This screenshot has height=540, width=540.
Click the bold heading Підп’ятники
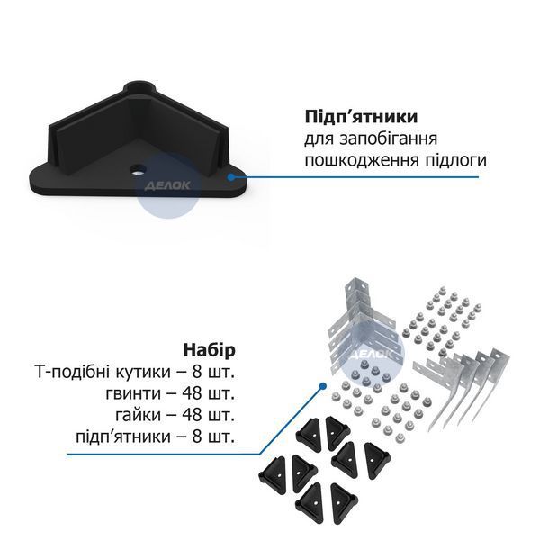[361, 117]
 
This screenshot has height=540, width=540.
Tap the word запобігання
[388, 139]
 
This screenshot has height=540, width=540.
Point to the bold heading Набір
[210, 350]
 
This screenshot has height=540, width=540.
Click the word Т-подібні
[71, 372]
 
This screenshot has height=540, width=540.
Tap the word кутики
[142, 373]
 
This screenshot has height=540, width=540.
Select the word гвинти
[133, 394]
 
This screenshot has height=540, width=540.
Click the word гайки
[138, 416]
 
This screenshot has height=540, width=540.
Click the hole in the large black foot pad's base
[138, 169]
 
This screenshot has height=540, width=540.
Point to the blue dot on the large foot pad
[231, 177]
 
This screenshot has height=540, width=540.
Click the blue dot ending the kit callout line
[323, 386]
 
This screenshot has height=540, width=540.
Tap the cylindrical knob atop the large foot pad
[140, 86]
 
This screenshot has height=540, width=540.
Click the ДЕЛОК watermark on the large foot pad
[167, 186]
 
